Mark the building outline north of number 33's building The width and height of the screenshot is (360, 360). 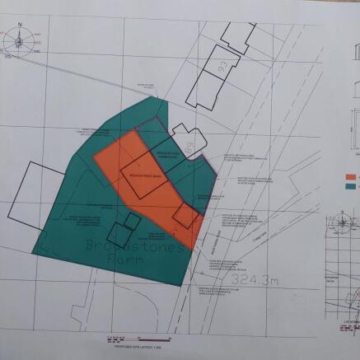tap(237, 35)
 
